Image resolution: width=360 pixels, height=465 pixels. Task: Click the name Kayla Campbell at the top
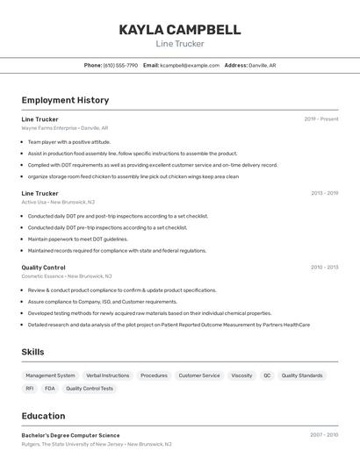[x=179, y=30]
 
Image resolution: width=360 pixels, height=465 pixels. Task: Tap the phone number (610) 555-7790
[x=120, y=65]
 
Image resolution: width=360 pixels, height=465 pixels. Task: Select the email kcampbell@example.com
[x=190, y=65]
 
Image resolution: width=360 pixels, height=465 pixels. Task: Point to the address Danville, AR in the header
[x=262, y=65]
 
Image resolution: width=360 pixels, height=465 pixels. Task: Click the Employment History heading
[x=65, y=100]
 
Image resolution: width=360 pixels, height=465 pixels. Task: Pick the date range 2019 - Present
[x=320, y=119]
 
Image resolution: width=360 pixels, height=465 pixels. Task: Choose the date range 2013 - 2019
[x=324, y=193]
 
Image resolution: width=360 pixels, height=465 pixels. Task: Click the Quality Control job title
[x=43, y=267]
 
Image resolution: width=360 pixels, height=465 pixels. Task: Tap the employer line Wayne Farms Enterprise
[x=49, y=128]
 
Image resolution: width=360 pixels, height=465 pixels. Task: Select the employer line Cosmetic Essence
[x=43, y=275]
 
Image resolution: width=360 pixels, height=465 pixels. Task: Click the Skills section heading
[x=33, y=352]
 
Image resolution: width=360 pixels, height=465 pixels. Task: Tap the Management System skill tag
[x=50, y=376]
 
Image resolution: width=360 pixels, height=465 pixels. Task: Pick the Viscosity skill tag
[x=241, y=376]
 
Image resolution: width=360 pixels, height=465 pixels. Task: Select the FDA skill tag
[x=50, y=389]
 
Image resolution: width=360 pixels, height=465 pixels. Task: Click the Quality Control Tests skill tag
[x=90, y=389]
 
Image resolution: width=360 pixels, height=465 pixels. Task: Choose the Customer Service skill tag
[x=199, y=376]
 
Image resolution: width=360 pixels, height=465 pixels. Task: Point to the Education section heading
[x=43, y=416]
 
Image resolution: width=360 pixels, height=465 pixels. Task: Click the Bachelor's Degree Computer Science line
[x=70, y=435]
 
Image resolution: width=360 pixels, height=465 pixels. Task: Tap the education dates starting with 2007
[x=323, y=435]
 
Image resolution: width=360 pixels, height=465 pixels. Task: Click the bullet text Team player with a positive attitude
[x=68, y=141]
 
